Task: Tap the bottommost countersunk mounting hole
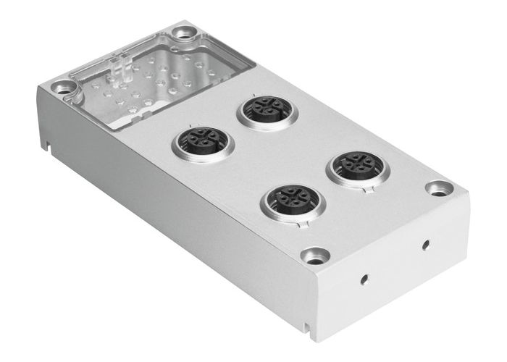[x=314, y=255]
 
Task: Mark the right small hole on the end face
[x=425, y=244]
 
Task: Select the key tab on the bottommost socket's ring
[x=307, y=223]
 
